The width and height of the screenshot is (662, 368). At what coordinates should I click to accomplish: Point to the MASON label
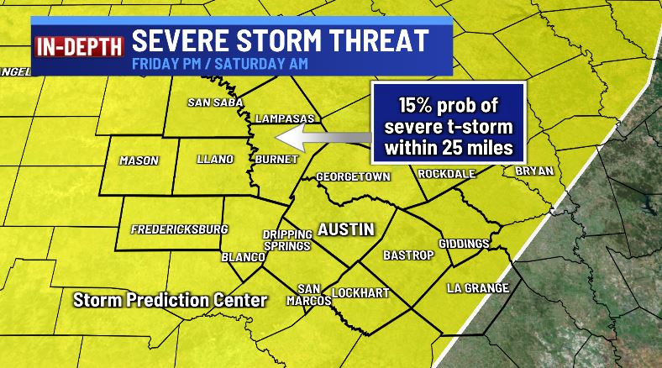click(139, 160)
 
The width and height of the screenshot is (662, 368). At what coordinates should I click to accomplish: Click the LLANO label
click(214, 159)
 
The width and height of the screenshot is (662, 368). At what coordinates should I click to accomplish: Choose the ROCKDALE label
click(447, 173)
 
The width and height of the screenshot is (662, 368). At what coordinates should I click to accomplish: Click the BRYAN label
click(534, 171)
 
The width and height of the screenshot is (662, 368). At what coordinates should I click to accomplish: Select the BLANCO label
click(243, 257)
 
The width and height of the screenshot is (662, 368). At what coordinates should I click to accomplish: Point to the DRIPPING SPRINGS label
click(286, 240)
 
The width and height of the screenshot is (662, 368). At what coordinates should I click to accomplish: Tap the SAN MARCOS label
click(308, 294)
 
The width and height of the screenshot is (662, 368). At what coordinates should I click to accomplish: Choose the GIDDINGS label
click(464, 244)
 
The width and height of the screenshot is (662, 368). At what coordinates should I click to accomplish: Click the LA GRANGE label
click(478, 288)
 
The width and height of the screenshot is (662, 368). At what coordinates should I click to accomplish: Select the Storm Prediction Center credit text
click(170, 300)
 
